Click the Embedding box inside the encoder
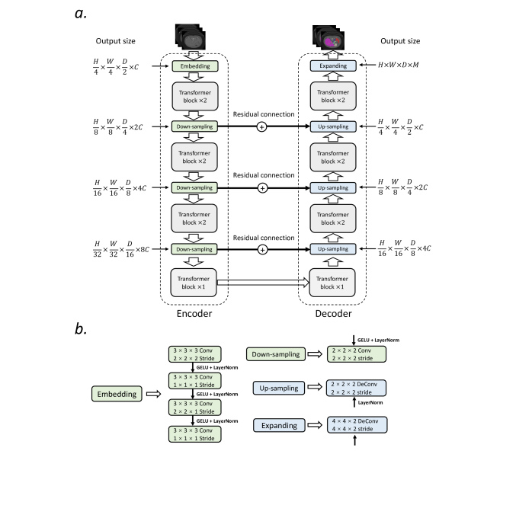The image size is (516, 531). click(194, 67)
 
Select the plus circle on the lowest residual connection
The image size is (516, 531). click(261, 248)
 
